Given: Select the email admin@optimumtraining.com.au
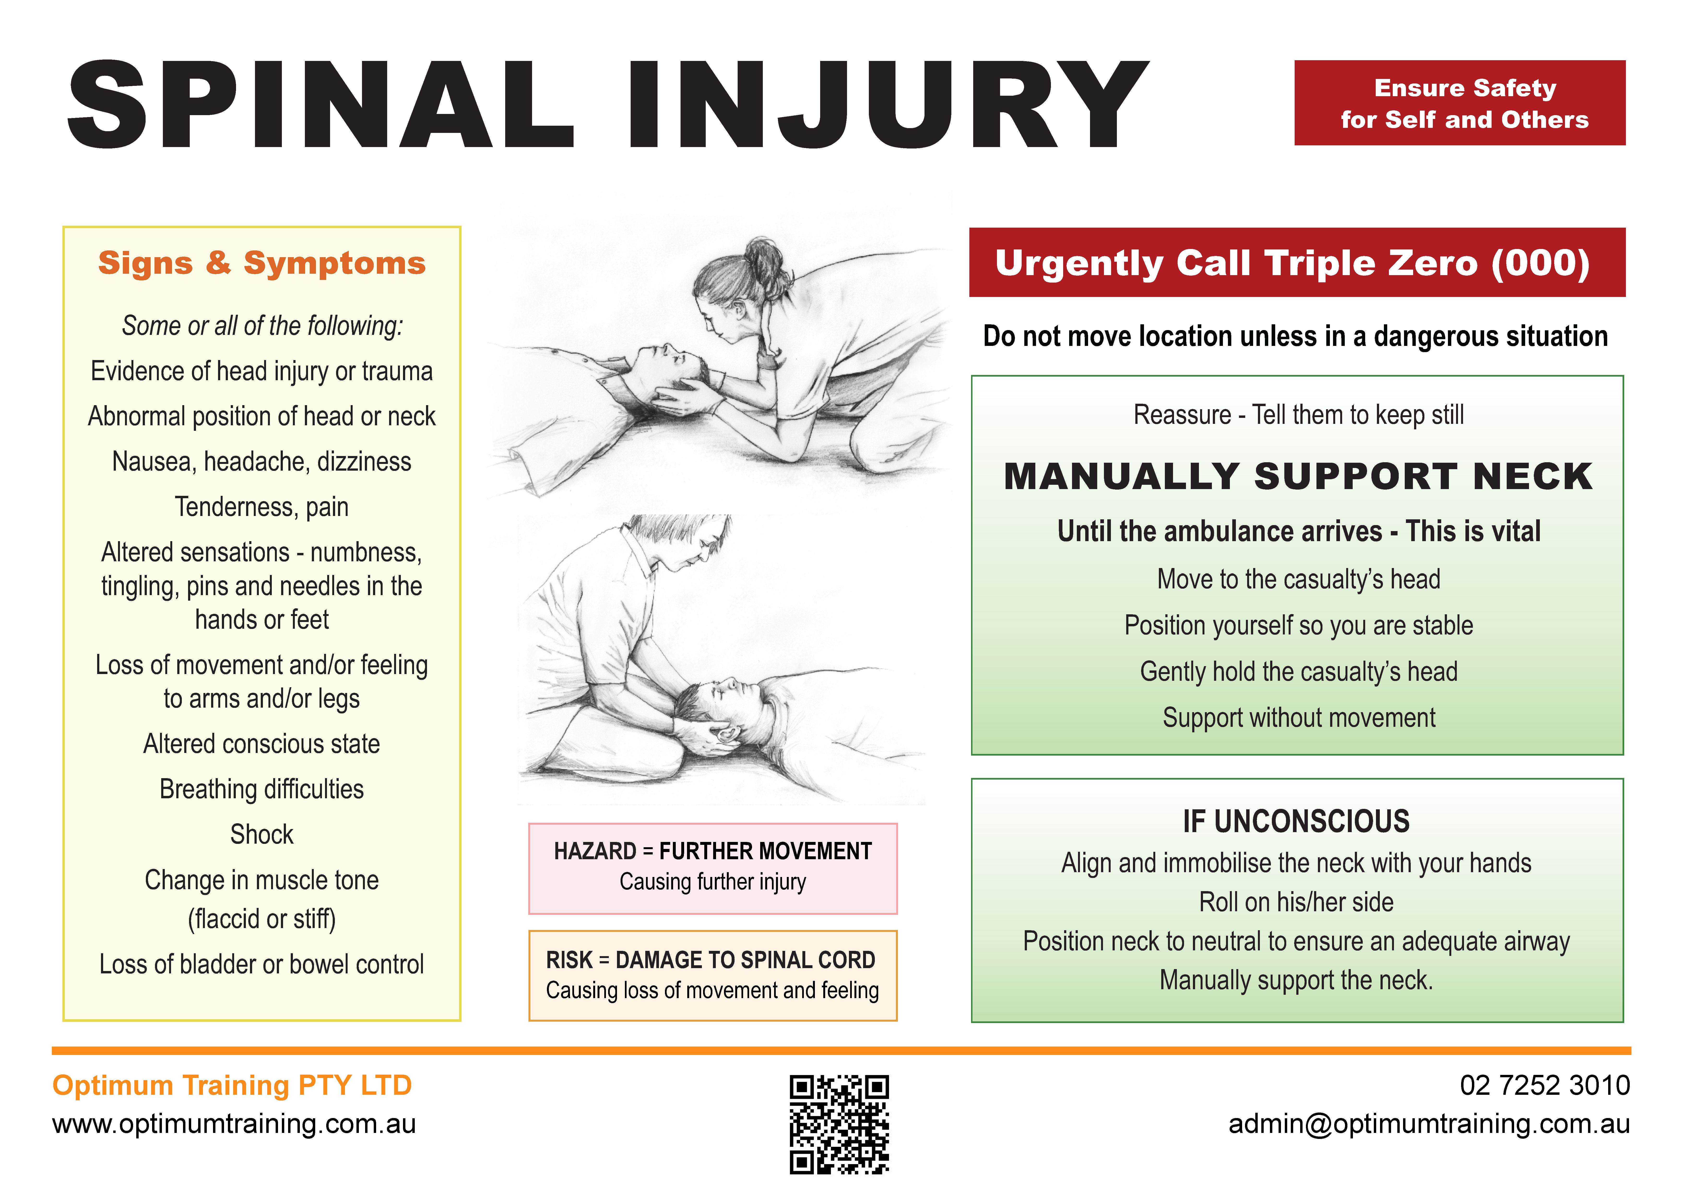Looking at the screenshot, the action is (x=1429, y=1124).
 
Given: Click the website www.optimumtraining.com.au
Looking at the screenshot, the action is (x=234, y=1124).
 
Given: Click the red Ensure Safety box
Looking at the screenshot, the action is (x=1459, y=103).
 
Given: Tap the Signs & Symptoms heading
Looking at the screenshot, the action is (x=262, y=262).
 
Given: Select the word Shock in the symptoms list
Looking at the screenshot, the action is (x=262, y=835).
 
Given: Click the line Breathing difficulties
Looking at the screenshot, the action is (x=262, y=789).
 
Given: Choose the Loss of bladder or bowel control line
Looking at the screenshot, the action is (x=262, y=964).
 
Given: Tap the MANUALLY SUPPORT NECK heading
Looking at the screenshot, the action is (x=1298, y=477).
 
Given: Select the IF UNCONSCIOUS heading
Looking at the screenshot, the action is (x=1296, y=821).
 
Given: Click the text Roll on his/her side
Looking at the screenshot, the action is (x=1296, y=902).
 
